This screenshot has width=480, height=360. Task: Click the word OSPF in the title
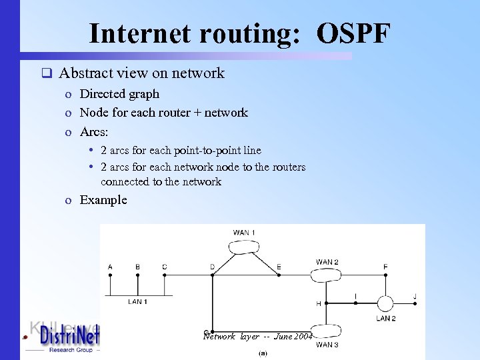pos(353,33)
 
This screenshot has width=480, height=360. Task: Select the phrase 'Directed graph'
pos(119,94)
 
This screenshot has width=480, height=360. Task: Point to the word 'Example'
pos(103,200)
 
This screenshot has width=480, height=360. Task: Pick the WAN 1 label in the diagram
pos(244,233)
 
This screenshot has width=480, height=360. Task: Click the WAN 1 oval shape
pos(245,246)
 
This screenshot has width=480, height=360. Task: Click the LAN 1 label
pos(137,301)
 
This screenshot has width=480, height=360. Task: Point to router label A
pos(110,267)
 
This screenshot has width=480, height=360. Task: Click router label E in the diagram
pos(279,267)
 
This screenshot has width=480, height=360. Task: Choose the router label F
pos(385,267)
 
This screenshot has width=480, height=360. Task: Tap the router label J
pos(415,296)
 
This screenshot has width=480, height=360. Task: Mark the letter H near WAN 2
pos(318,304)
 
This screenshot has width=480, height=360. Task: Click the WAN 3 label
pos(327,345)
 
